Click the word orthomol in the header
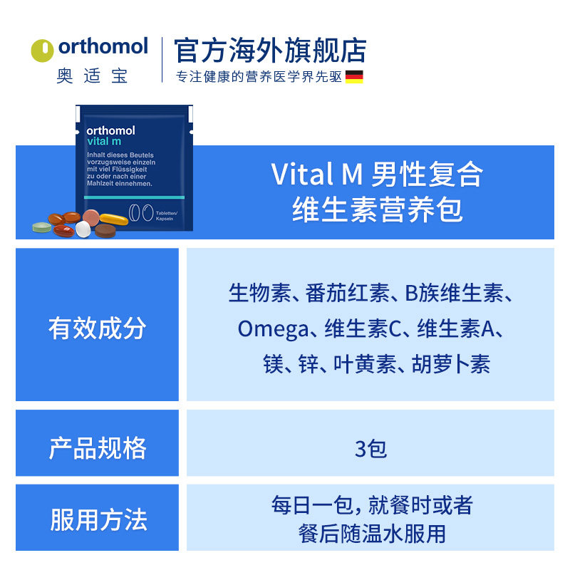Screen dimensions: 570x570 coord(103,47)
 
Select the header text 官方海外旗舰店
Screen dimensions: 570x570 coord(270,51)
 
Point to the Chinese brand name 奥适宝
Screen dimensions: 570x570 coord(92,76)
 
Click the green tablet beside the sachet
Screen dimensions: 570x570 coord(42,228)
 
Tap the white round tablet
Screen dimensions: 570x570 coord(83,229)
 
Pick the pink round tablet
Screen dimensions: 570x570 coord(91,216)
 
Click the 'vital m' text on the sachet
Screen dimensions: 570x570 coord(104,141)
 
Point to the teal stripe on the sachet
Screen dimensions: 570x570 coord(135,196)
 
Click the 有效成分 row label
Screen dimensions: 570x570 coord(98,328)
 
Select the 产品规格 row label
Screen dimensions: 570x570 coord(98,448)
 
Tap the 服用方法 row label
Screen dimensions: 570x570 coord(98,519)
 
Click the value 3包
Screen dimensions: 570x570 coord(370,448)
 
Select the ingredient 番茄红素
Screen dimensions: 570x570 coord(348,293)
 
